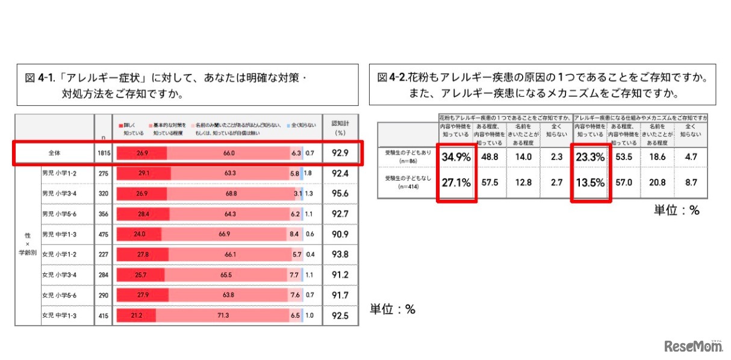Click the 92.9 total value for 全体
tap(341, 154)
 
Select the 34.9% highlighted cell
tap(456, 158)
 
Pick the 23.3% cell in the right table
tap(591, 158)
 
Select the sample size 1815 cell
tap(103, 154)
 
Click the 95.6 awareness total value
tap(341, 193)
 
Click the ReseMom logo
tap(692, 346)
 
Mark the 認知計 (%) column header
tap(341, 127)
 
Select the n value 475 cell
tap(103, 234)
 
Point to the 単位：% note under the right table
tap(676, 210)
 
